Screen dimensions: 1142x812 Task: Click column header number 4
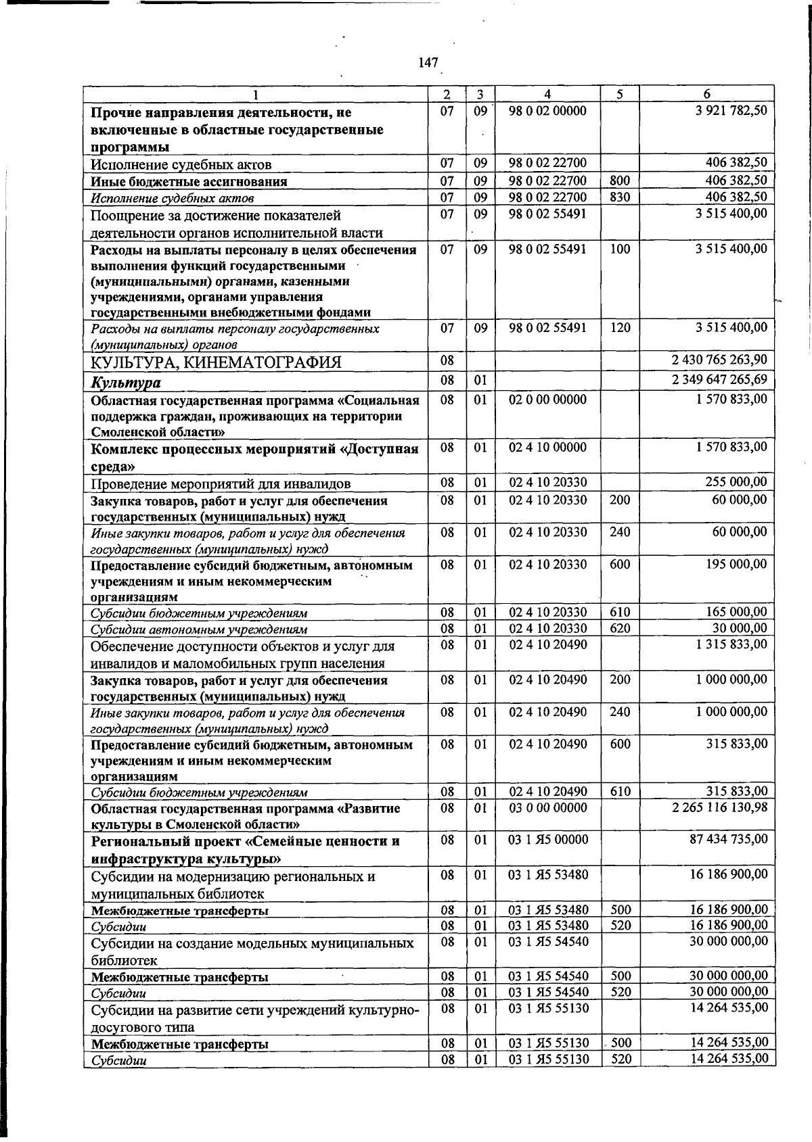[547, 95]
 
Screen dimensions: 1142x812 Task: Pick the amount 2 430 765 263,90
[719, 359]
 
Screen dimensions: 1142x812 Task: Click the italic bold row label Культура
[126, 383]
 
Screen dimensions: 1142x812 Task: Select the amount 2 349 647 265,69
[719, 380]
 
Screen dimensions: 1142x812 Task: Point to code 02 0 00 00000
[547, 400]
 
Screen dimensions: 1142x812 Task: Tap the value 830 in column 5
[620, 197]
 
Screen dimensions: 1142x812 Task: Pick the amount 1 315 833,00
[731, 644]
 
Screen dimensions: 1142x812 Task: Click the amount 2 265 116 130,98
[719, 808]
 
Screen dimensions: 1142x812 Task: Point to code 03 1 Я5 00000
[548, 840]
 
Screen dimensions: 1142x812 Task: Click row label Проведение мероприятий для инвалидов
[221, 484]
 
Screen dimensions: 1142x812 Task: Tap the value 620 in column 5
[620, 628]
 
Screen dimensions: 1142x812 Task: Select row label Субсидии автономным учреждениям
[199, 629]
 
